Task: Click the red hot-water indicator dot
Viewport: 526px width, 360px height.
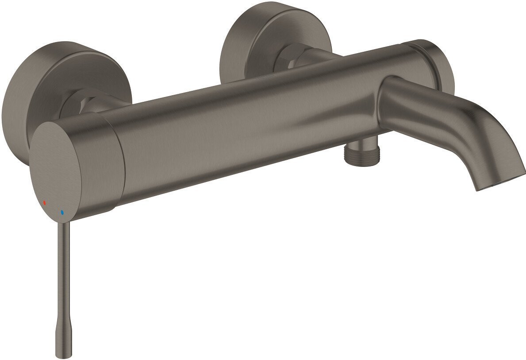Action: [x=44, y=202]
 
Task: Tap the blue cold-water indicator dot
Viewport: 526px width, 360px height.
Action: [x=62, y=213]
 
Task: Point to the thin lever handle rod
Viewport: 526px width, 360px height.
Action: [x=65, y=275]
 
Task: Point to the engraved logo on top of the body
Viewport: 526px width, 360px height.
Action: [x=265, y=77]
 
